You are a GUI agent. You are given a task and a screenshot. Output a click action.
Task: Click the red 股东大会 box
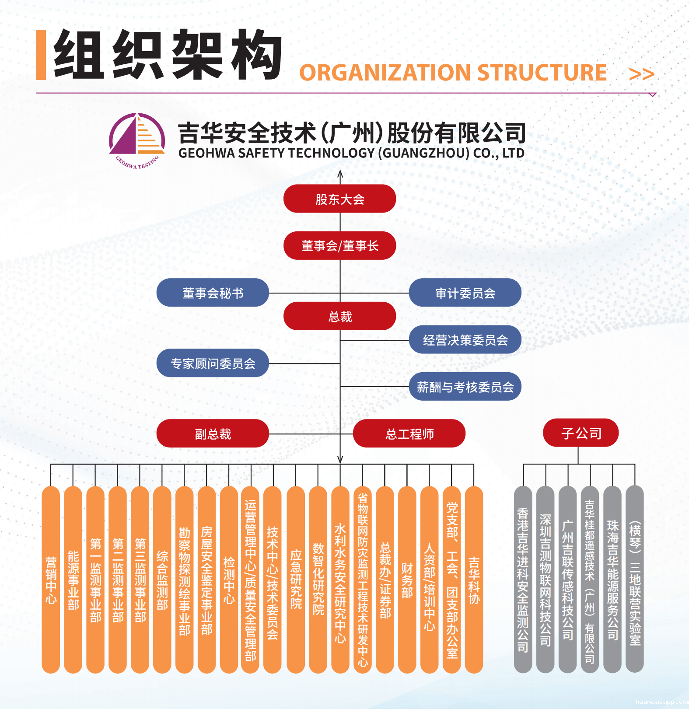339,199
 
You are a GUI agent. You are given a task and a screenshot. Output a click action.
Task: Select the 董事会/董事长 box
339,245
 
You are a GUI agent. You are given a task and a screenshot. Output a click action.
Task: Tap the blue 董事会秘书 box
213,293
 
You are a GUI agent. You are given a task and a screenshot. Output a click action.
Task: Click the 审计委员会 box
465,293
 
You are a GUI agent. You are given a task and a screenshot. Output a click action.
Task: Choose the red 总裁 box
339,316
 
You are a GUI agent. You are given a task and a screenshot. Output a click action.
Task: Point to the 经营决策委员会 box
465,339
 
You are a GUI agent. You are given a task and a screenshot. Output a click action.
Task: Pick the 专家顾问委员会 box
213,363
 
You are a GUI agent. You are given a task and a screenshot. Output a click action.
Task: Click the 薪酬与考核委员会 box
465,387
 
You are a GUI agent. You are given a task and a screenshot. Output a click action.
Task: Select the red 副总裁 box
213,433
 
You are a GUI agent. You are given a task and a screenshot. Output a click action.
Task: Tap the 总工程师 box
409,433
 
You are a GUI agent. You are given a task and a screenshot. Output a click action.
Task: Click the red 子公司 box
581,433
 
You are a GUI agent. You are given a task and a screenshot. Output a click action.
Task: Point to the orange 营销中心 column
51,580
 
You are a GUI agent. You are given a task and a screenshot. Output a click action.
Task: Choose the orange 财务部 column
407,580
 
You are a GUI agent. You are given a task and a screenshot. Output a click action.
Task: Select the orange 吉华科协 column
474,580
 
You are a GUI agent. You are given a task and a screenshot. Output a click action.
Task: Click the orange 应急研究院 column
296,580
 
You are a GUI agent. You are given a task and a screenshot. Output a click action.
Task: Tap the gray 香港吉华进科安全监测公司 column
523,579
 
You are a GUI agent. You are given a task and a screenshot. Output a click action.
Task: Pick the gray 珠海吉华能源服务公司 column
612,579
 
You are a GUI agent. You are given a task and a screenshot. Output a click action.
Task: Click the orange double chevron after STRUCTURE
641,74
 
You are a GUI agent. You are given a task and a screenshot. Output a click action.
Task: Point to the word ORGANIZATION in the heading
385,73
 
